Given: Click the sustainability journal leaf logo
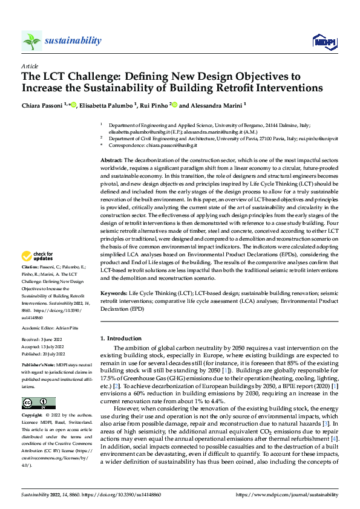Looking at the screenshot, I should coord(31,41).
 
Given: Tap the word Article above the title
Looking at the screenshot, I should coord(30,66).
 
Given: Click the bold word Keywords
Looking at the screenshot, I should coord(115,291).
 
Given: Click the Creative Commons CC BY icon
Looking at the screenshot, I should coord(38,403).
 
